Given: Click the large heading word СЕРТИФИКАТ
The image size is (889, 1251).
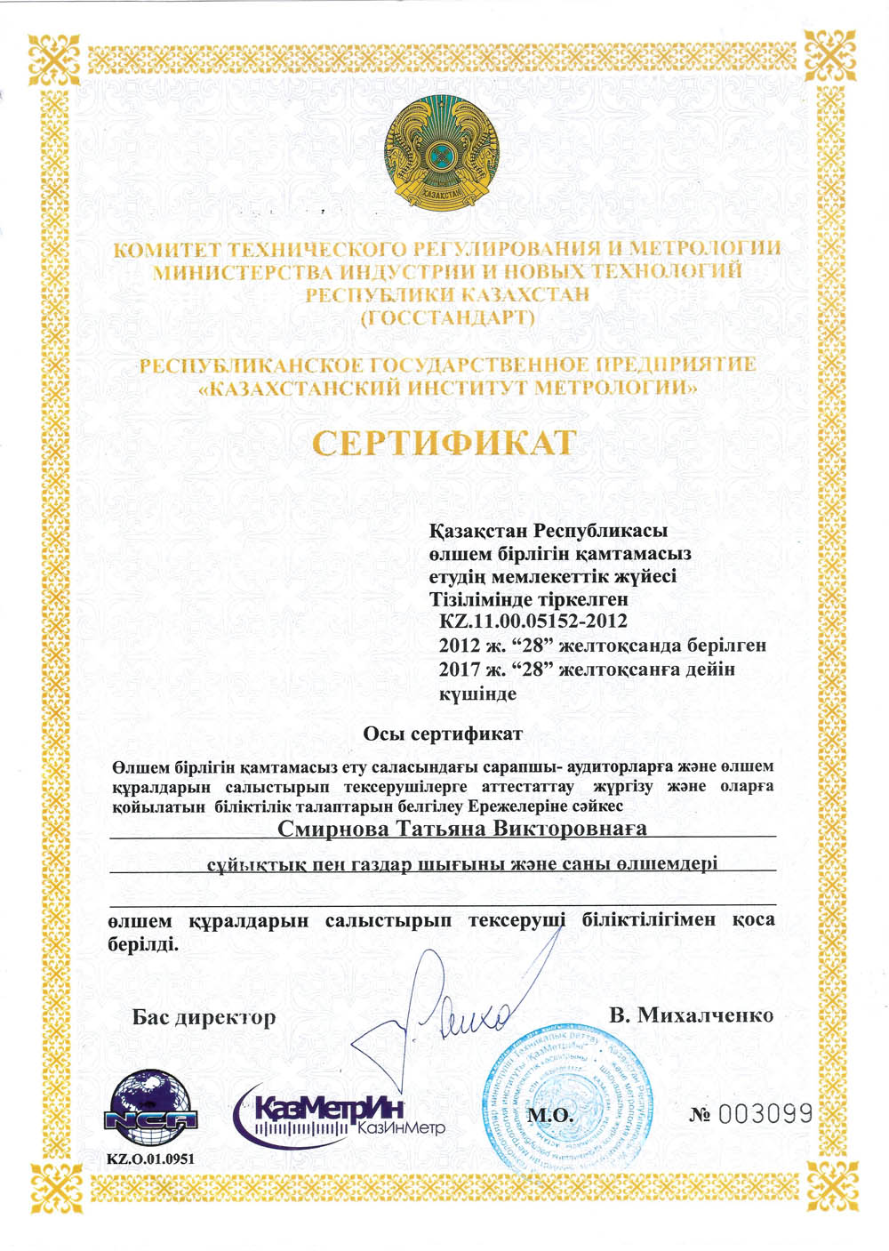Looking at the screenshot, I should tap(444, 442).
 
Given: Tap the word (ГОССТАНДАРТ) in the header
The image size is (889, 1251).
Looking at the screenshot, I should tap(448, 317).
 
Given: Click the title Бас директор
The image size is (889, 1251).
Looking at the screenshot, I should tap(204, 1017).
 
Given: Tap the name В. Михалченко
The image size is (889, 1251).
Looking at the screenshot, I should tap(691, 1015).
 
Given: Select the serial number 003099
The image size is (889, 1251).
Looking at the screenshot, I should tap(765, 1113).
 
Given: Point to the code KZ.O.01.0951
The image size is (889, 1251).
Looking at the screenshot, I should tap(150, 1159).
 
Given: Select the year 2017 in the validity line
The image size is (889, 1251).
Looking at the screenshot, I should tap(459, 669).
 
